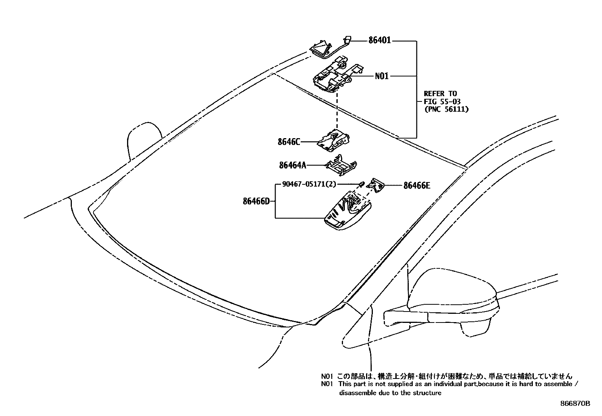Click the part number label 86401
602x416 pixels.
379,41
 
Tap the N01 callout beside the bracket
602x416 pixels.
382,76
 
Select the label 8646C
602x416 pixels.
289,142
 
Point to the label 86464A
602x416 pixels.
292,165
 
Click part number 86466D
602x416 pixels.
256,201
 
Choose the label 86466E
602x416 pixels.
416,185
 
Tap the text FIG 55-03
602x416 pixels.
442,101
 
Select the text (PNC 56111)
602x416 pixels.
446,109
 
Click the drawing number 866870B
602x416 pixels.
575,404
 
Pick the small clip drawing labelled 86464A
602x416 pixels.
341,165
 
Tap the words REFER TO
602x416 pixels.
440,93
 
